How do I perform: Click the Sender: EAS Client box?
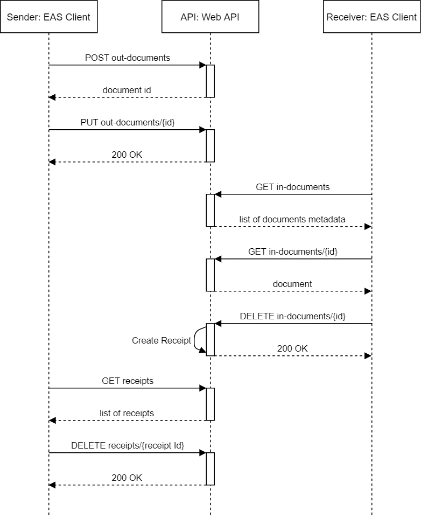(x=48, y=17)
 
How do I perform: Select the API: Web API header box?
(x=210, y=17)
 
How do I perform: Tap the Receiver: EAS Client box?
(x=371, y=17)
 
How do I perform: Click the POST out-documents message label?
(x=128, y=58)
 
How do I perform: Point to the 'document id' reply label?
(x=127, y=90)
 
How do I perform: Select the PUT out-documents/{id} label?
(x=128, y=122)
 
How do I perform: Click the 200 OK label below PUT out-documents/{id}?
(x=127, y=155)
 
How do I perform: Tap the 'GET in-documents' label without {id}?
(x=293, y=187)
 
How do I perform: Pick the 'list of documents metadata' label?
(x=293, y=219)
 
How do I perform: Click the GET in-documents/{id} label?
(x=293, y=251)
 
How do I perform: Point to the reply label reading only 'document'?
(x=292, y=284)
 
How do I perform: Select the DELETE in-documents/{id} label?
(x=293, y=316)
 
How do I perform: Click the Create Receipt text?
(x=162, y=340)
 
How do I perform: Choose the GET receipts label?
(x=128, y=381)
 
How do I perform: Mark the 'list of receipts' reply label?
(x=127, y=413)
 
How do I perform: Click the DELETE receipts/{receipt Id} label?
(x=128, y=445)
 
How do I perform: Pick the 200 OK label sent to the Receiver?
(x=292, y=348)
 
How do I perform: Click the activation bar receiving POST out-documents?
(x=210, y=81)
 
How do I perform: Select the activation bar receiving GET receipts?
(x=210, y=404)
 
